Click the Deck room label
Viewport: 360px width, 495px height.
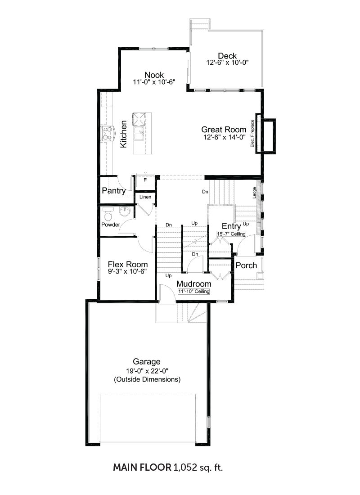(227, 56)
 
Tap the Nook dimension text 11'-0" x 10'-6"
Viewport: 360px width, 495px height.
(154, 82)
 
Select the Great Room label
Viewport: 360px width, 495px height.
(224, 130)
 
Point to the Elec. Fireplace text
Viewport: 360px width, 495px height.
(252, 134)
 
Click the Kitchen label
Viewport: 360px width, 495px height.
(123, 134)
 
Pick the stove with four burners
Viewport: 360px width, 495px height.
(107, 134)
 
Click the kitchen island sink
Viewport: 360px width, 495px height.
(139, 134)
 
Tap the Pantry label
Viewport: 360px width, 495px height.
(114, 191)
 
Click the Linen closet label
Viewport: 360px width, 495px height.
(145, 197)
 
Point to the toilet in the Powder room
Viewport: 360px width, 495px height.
(108, 214)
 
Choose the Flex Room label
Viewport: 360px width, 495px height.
(128, 265)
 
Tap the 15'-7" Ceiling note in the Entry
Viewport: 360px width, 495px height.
(231, 234)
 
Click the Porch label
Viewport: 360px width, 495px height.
(246, 265)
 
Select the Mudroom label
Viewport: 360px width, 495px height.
(194, 284)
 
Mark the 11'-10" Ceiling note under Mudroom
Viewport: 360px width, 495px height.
(193, 292)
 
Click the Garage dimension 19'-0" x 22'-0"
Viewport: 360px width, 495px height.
(147, 371)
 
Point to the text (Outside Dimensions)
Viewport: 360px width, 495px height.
(147, 379)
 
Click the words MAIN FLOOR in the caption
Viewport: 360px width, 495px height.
(142, 467)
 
